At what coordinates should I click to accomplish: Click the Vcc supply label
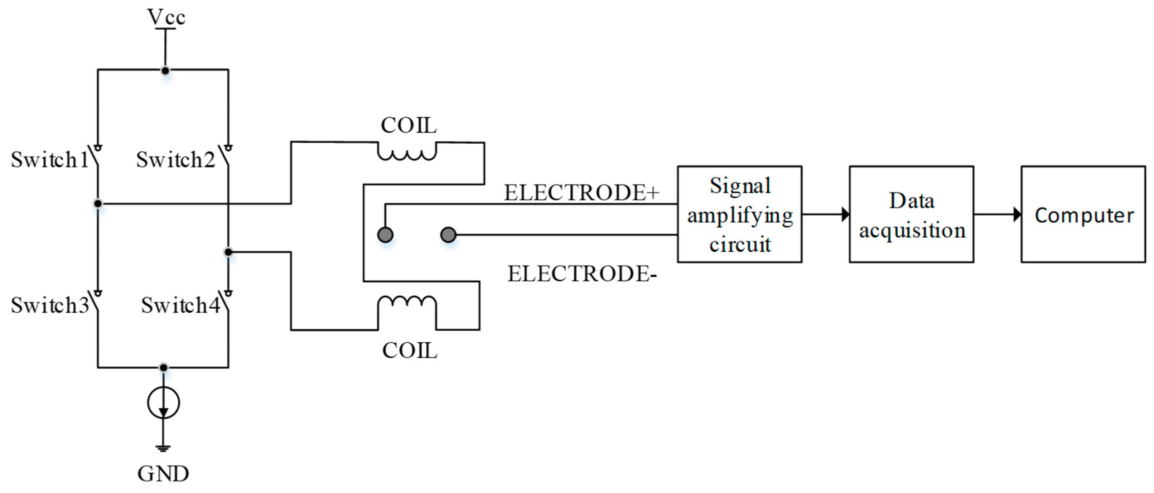point(166,17)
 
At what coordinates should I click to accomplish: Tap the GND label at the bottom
point(163,474)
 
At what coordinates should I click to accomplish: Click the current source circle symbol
point(164,403)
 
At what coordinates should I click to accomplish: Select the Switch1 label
point(50,160)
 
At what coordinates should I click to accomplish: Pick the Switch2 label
point(175,160)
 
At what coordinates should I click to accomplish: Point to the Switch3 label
point(50,305)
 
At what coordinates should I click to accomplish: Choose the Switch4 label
point(180,305)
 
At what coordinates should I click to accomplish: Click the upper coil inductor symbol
point(407,152)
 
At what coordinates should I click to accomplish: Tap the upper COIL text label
point(409,125)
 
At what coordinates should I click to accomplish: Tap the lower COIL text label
point(410,351)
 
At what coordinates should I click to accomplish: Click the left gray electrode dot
point(385,235)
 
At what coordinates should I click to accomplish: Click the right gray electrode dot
point(448,235)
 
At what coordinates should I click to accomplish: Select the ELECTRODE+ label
point(581,193)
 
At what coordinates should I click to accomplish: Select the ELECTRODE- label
point(581,274)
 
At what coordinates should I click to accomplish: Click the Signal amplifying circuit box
point(740,214)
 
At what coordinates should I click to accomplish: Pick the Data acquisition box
point(911,214)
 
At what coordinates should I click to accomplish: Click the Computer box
point(1083,214)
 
